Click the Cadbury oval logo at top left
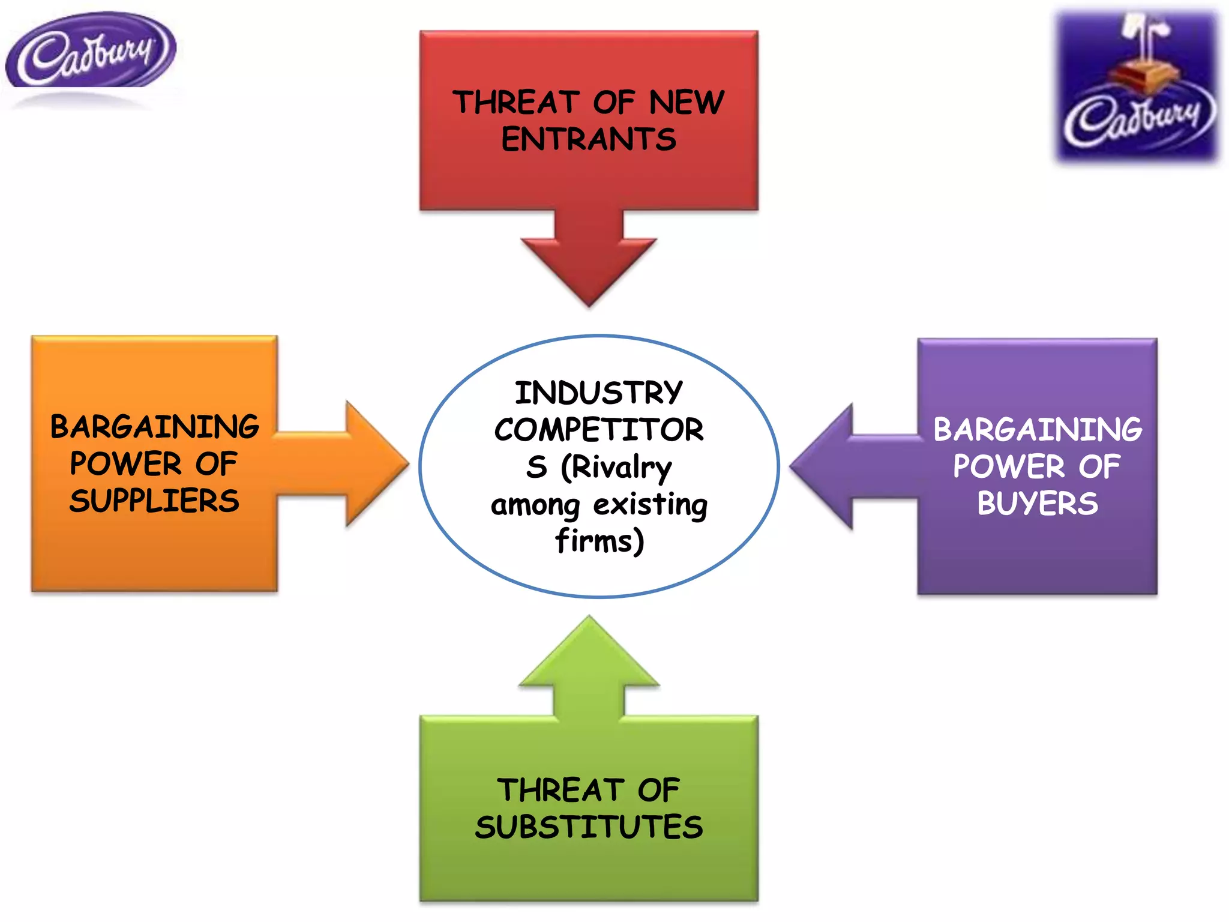click(90, 51)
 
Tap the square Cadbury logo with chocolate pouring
click(1137, 87)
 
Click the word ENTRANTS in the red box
click(589, 140)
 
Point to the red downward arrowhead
click(589, 270)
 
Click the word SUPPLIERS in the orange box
click(154, 501)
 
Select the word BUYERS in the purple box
click(1038, 504)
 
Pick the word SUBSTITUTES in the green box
click(589, 827)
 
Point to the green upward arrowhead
click(589, 654)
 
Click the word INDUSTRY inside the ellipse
click(599, 393)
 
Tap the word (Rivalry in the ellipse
click(616, 468)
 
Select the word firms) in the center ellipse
click(599, 541)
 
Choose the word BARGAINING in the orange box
click(154, 427)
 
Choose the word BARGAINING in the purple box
click(1038, 430)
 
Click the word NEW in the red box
click(687, 102)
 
